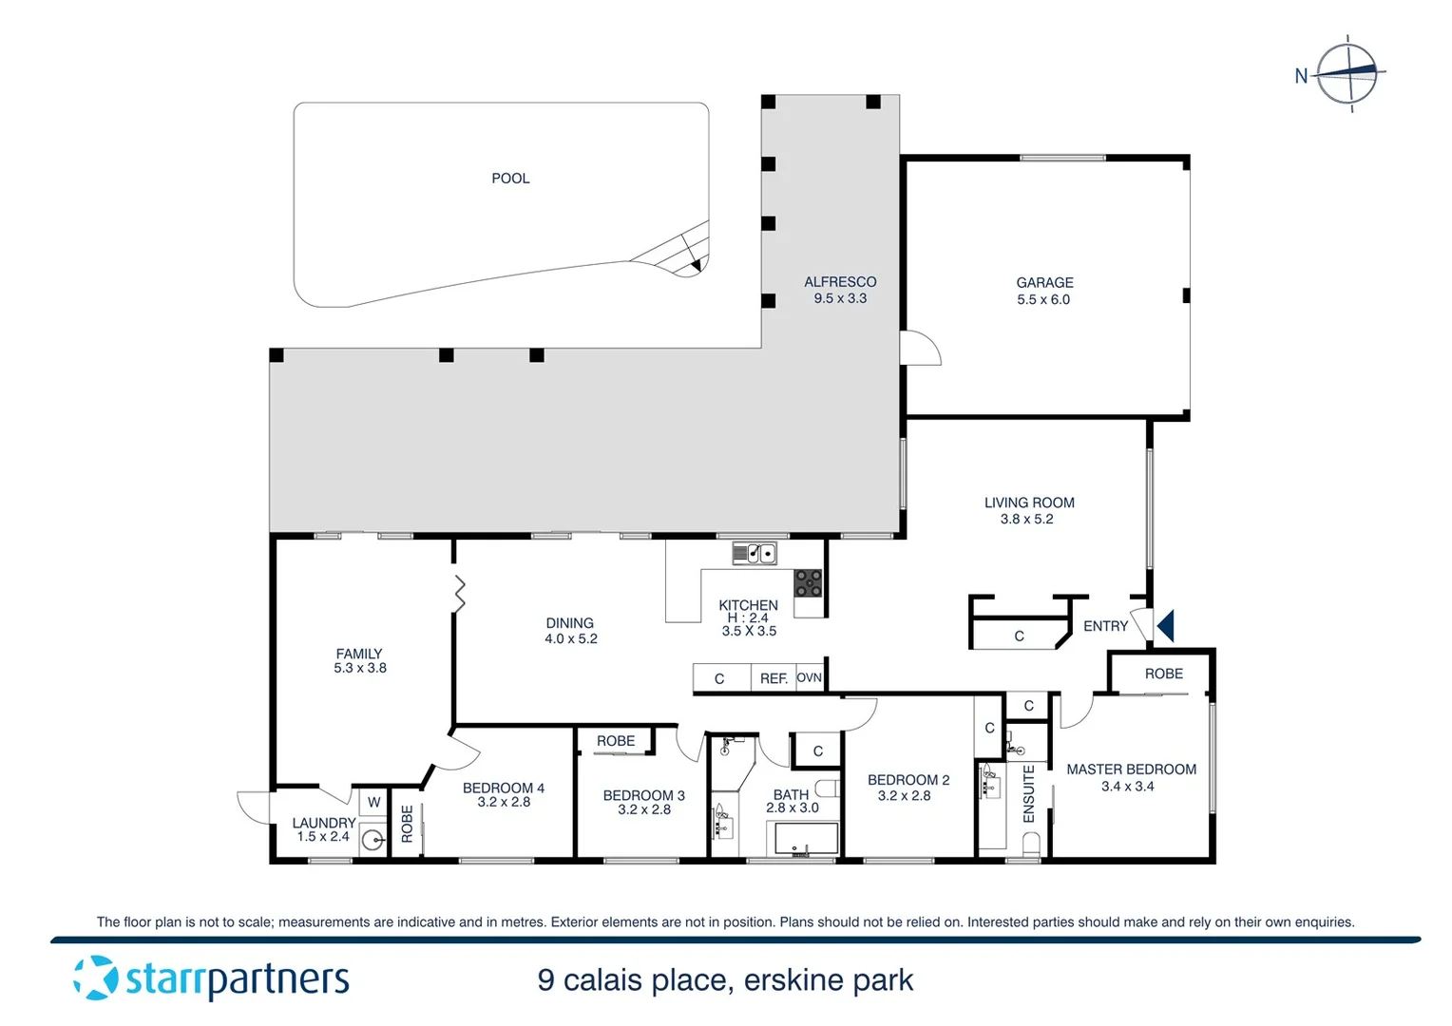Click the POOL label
coord(510,179)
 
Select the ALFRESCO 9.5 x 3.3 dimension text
coord(840,298)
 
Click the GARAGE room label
coord(1044,283)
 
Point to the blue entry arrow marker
coord(1166,626)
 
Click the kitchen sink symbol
coord(755,553)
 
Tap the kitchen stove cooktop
coord(808,582)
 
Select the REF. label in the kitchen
coord(774,678)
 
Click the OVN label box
coord(809,677)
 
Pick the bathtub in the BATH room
coord(803,840)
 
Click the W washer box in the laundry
coord(373,802)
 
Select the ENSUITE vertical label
coord(1028,794)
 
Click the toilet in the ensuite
coord(1031,845)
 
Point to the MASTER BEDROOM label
coord(1131,769)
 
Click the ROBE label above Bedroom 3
coord(616,741)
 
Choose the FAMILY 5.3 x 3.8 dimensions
coord(360,669)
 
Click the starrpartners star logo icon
coord(95,978)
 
